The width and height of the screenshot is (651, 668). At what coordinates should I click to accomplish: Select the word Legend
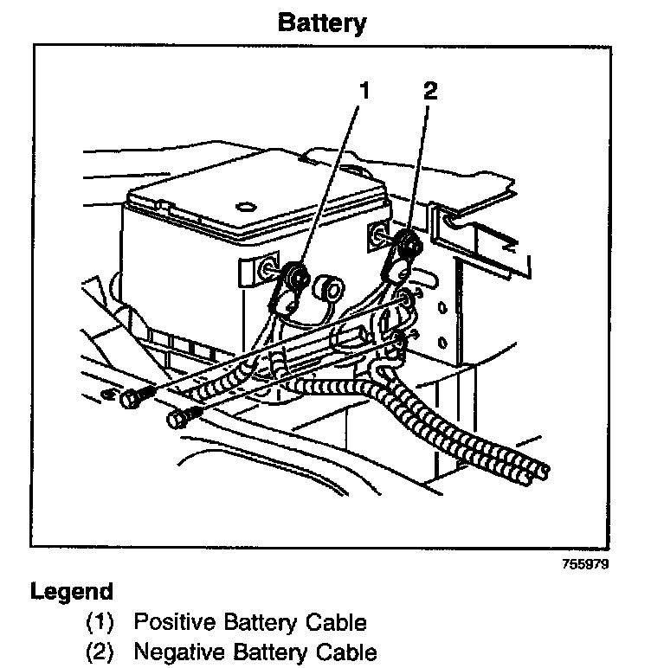(72, 594)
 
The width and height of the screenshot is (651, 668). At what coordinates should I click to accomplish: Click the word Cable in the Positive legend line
(338, 622)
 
